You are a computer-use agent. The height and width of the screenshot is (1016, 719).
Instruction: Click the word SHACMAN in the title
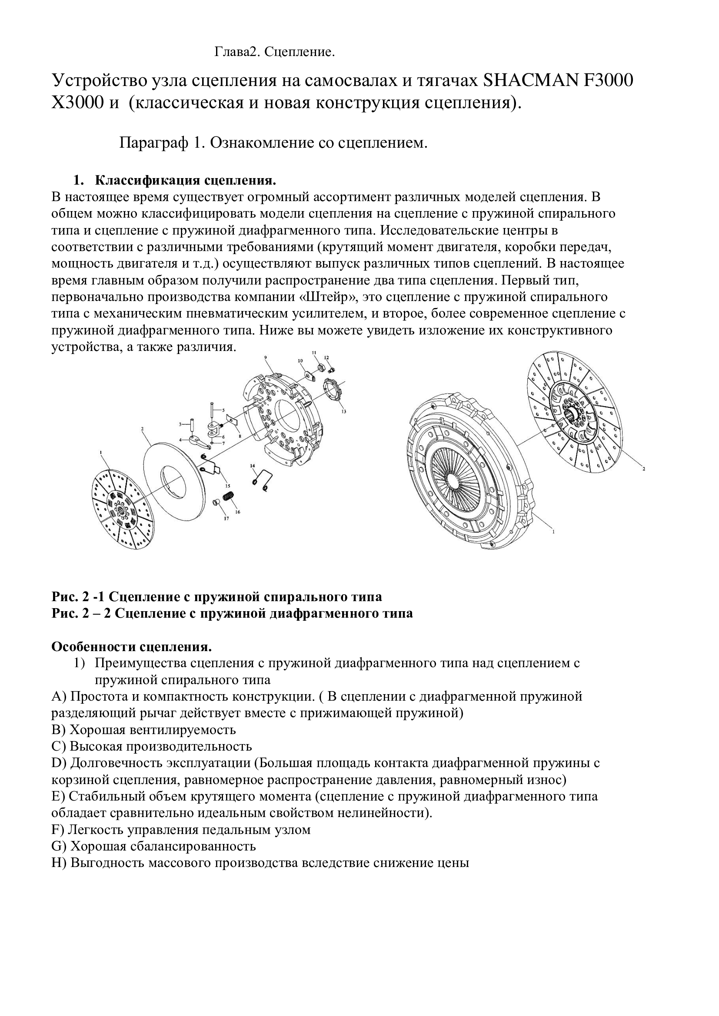[x=529, y=80]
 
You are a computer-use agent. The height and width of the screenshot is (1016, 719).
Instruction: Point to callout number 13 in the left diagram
[x=343, y=411]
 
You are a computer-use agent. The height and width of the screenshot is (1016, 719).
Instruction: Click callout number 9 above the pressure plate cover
[x=265, y=357]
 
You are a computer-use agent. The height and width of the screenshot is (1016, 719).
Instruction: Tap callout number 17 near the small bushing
[x=226, y=518]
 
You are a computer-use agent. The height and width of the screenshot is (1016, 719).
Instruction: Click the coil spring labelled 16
[x=229, y=496]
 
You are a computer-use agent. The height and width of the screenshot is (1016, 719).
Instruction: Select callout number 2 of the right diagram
[x=644, y=469]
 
